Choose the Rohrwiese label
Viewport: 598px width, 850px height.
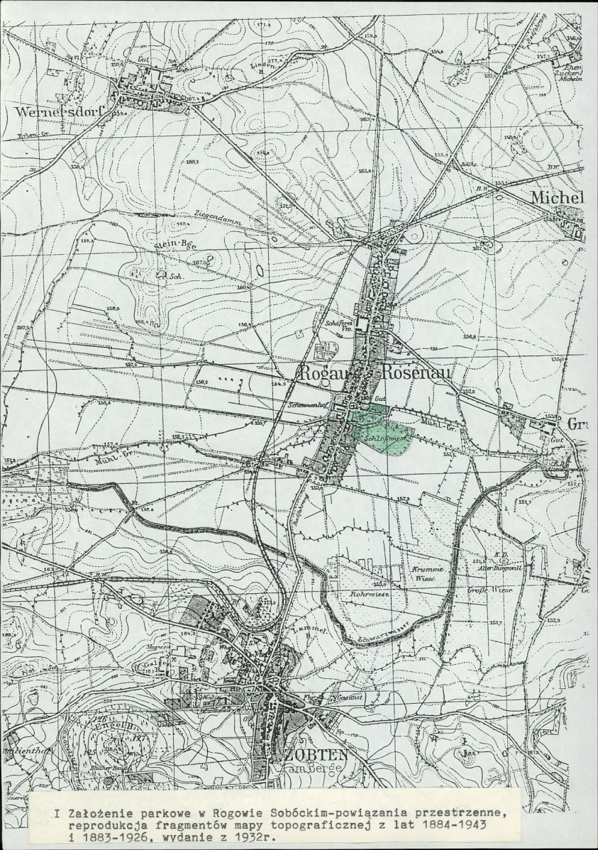point(366,593)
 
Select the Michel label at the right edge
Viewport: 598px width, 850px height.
point(558,197)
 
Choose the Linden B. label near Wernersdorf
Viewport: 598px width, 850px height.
point(240,67)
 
